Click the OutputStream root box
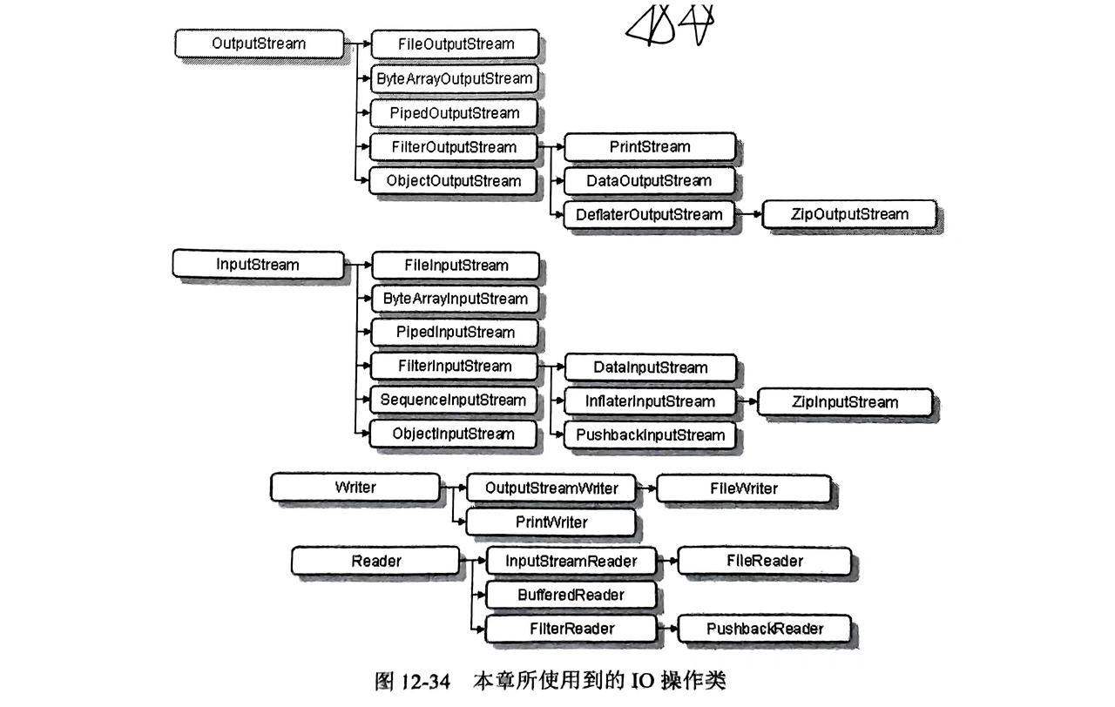coord(259,44)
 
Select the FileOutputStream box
coord(455,44)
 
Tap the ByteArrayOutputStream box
coord(454,78)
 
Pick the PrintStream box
coord(649,146)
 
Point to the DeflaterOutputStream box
coord(649,214)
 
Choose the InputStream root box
coord(258,265)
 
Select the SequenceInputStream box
coord(454,401)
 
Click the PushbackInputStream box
coord(649,434)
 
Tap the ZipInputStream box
coord(844,401)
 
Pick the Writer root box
coord(355,488)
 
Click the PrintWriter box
coord(551,522)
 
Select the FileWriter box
coord(743,488)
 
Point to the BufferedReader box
coord(571,595)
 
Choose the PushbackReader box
coord(765,629)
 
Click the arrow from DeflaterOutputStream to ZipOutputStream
coord(747,214)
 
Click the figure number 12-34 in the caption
coord(424,680)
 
